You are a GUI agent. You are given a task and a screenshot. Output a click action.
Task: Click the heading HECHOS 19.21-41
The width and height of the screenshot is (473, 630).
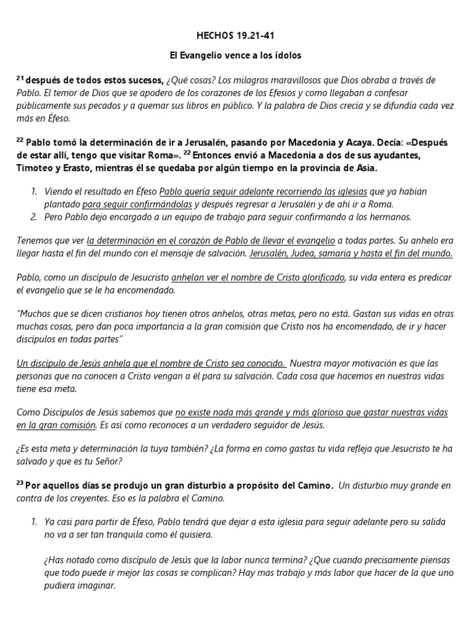[236, 36]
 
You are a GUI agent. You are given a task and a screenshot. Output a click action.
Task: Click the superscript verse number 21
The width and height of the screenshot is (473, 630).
[20, 78]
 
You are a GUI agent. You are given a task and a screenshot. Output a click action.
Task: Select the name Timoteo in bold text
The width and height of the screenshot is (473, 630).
[36, 168]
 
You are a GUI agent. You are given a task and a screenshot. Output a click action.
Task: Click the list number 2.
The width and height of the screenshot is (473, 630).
[34, 217]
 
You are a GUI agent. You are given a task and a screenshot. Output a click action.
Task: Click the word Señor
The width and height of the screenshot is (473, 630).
[108, 461]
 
